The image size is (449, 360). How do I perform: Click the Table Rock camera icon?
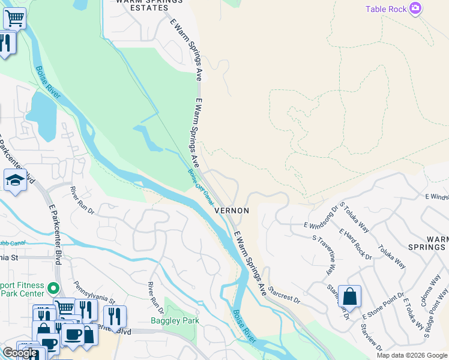point(415,8)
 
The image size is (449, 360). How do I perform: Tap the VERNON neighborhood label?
point(232,211)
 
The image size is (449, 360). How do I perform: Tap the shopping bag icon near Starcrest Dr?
point(349,296)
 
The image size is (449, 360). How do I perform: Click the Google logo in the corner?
point(20,353)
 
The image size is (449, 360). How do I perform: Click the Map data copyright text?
point(411,355)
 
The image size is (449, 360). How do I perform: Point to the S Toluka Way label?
point(355,217)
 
